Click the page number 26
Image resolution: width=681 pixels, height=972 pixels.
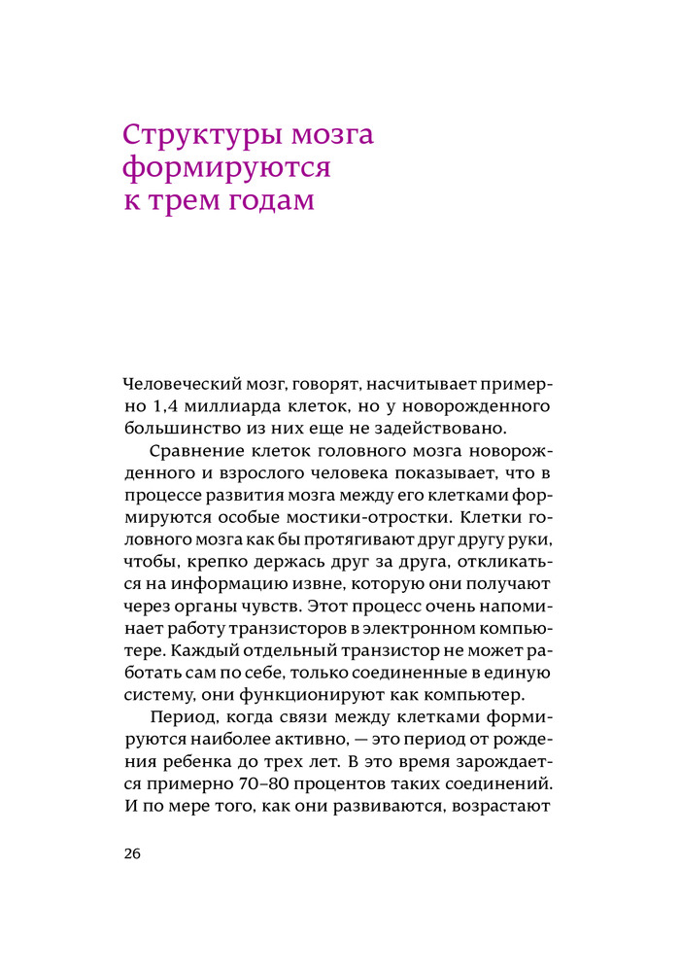coord(133,854)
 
